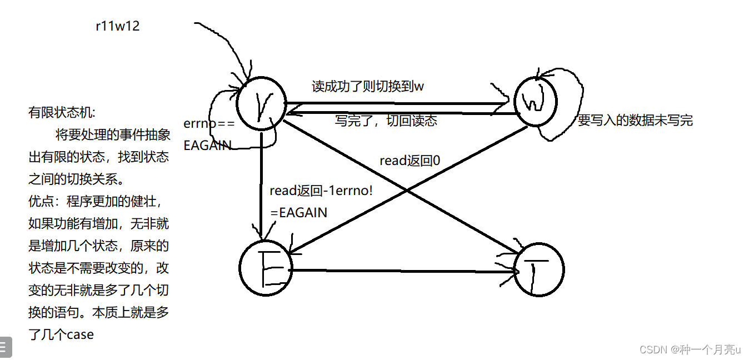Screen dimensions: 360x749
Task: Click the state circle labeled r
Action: coord(261,103)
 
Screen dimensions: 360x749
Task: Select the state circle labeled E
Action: coord(264,267)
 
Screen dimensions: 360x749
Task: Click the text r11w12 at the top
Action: coord(118,26)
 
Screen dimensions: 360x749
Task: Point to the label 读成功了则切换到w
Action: coord(368,86)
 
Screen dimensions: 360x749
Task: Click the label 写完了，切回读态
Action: coord(386,121)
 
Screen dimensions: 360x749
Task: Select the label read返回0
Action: coord(410,161)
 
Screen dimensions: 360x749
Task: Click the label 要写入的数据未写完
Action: coord(635,121)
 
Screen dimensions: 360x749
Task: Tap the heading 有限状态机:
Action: coord(62,113)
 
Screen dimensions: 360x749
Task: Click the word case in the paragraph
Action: coord(80,334)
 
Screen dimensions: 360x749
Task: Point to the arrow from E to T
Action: coord(400,271)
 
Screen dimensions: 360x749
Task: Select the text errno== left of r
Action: coord(208,123)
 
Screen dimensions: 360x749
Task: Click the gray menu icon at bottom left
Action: coord(5,347)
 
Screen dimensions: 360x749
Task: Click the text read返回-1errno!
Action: coord(321,191)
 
